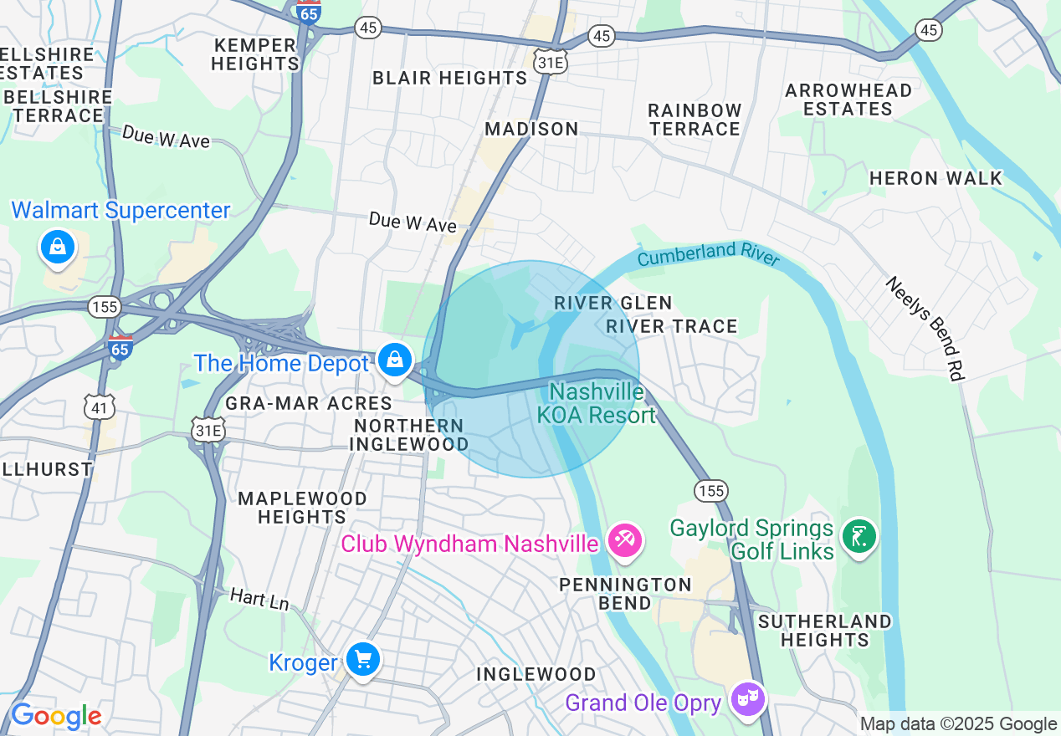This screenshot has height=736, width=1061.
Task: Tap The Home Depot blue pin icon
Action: point(394,360)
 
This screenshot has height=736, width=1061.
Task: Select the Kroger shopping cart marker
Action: point(362,660)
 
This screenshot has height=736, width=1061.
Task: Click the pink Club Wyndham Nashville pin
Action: point(624,540)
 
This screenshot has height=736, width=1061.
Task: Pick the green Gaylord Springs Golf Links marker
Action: point(859,536)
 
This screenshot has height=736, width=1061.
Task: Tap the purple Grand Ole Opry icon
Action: point(747,698)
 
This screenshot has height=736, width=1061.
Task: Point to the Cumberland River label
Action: point(708,254)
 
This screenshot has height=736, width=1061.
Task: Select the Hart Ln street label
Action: point(259,599)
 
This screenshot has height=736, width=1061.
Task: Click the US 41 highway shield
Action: point(99,407)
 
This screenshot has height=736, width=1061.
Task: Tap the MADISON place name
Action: point(531,129)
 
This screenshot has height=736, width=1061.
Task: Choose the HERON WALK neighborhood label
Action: point(935,178)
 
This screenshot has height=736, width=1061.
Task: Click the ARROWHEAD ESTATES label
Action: point(848,100)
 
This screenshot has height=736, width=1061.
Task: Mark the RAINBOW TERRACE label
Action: point(695,120)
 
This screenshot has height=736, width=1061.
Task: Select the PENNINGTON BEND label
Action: point(625,594)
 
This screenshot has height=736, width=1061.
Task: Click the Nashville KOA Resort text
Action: point(596,403)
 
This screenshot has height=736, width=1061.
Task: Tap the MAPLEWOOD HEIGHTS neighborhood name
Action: point(302,508)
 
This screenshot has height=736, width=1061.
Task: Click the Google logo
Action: point(56,716)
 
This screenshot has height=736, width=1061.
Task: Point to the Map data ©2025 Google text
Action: point(958,723)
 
